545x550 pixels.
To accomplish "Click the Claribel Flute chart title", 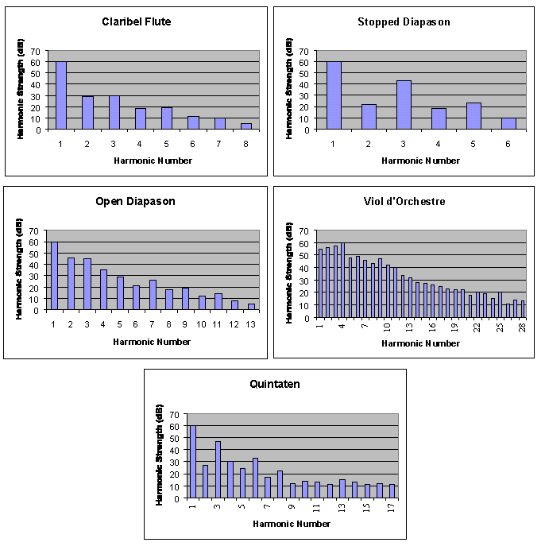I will coord(137,21).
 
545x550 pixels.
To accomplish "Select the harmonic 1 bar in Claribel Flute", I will coord(61,95).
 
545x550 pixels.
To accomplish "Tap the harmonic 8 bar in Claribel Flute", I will coord(246,126).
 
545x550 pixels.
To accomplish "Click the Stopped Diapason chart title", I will coord(404,21).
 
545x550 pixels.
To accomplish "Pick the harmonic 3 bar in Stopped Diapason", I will coord(404,104).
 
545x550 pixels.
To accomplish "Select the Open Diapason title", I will coord(135,201).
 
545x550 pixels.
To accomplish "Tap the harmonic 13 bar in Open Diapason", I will coord(251,307).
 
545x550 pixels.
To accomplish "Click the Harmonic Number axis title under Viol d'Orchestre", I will coord(420,343).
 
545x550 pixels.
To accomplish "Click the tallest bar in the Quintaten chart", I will coord(193,462).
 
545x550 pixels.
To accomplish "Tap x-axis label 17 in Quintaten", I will coord(392,506).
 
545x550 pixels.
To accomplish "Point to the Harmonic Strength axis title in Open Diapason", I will coord(19,271).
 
